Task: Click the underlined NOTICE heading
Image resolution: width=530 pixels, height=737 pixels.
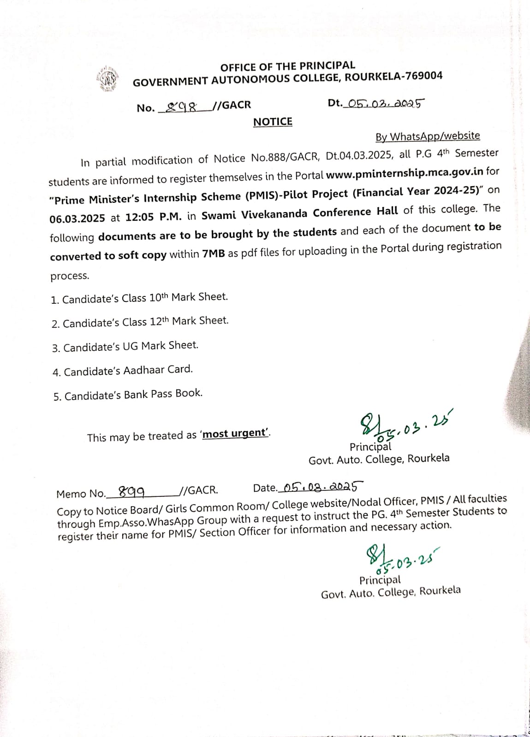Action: tap(273, 122)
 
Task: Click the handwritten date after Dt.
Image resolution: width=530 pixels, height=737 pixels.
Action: tap(386, 103)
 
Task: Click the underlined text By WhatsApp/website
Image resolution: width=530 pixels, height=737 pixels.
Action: tap(428, 136)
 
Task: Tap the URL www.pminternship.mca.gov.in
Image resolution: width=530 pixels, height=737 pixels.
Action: tap(405, 173)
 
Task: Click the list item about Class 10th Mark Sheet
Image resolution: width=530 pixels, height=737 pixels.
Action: tap(139, 298)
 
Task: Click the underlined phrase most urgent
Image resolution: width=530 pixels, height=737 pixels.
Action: tap(235, 434)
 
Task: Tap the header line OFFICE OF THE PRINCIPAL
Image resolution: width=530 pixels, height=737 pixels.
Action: tap(288, 66)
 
